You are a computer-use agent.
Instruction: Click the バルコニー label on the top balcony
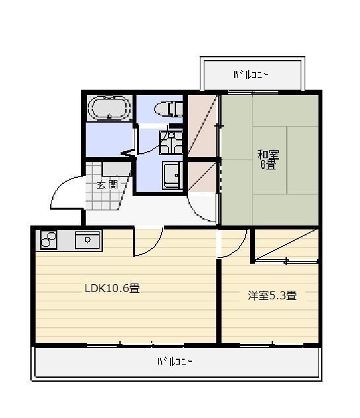pyautogui.click(x=251, y=75)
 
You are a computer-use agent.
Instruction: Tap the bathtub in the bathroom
pyautogui.click(x=109, y=108)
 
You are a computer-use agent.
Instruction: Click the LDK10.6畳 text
pyautogui.click(x=111, y=288)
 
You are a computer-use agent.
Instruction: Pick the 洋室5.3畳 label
pyautogui.click(x=272, y=295)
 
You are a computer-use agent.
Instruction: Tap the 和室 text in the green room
pyautogui.click(x=268, y=156)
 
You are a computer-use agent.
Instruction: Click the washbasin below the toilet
pyautogui.click(x=171, y=142)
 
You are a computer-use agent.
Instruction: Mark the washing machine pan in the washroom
pyautogui.click(x=172, y=175)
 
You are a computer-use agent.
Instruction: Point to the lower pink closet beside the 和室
pyautogui.click(x=202, y=176)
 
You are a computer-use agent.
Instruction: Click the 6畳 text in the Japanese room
pyautogui.click(x=268, y=165)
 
